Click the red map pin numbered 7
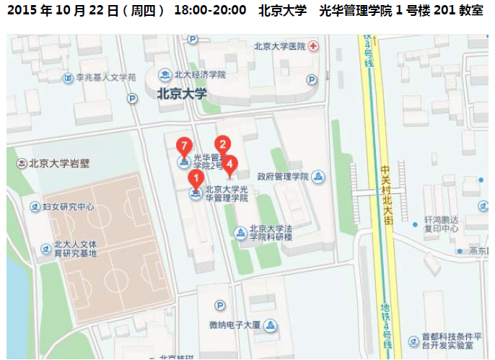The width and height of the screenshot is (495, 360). [x=185, y=144]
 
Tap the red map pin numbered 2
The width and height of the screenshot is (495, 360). [x=222, y=144]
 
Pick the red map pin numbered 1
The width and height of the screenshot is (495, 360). [x=195, y=177]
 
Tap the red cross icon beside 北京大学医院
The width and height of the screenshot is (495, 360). [x=313, y=47]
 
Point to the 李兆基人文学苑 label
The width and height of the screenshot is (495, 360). [x=105, y=76]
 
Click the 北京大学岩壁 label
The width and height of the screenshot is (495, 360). [x=59, y=163]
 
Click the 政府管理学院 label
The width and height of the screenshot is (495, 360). [x=283, y=177]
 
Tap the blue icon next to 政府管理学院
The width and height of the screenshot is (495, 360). [x=319, y=177]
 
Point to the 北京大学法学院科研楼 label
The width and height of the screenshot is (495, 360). [x=271, y=232]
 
